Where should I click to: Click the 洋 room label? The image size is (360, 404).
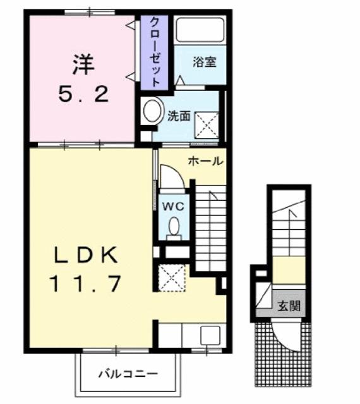click(82, 63)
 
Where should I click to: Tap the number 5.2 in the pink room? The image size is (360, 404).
click(83, 95)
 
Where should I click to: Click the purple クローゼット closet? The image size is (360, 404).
click(154, 52)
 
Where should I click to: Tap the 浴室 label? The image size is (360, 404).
click(204, 62)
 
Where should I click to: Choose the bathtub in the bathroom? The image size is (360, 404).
click(199, 30)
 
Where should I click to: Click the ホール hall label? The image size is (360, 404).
click(205, 162)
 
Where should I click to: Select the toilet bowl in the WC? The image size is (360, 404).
click(173, 227)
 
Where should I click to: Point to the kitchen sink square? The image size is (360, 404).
click(210, 335)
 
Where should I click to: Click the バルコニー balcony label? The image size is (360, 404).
click(128, 373)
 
